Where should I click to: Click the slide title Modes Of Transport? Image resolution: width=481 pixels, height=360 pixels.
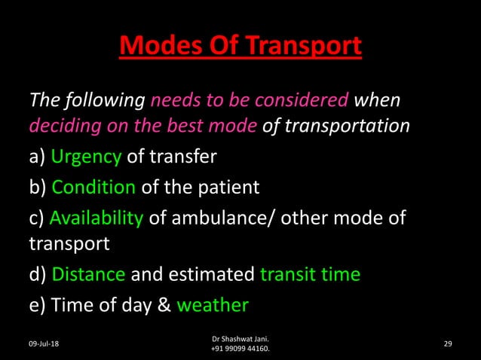[x=240, y=46]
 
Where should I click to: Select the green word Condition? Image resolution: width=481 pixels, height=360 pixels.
[x=93, y=188]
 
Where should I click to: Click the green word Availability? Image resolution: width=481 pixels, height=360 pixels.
[x=96, y=218]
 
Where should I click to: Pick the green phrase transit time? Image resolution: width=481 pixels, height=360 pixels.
[x=310, y=275]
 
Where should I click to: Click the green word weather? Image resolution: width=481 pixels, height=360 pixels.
[x=212, y=305]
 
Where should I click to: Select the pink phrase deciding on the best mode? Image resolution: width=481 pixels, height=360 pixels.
[x=144, y=126]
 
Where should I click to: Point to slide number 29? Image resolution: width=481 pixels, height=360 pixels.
[x=448, y=343]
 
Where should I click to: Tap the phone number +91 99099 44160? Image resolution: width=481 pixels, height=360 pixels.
[x=240, y=349]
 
